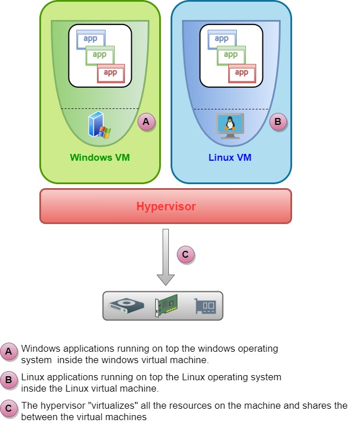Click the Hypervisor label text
(x=165, y=206)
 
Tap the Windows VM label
(x=100, y=157)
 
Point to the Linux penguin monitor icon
(x=230, y=125)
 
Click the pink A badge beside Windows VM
(x=146, y=121)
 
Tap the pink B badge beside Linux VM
(x=278, y=121)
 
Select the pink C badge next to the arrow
(x=185, y=254)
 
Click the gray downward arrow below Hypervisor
(x=165, y=257)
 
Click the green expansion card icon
(x=166, y=306)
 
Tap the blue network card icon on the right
(x=205, y=306)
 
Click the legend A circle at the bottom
(x=9, y=352)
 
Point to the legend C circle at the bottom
(x=9, y=408)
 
